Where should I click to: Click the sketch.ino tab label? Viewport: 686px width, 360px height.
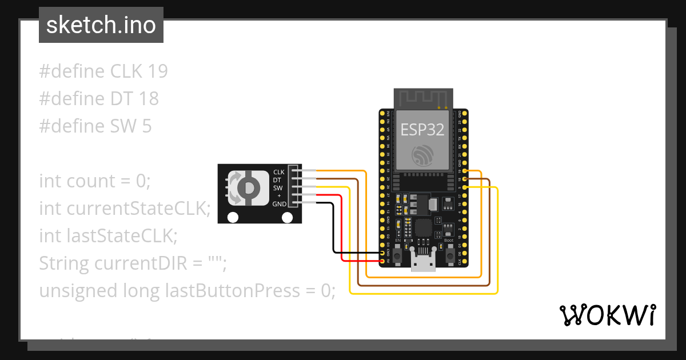(101, 25)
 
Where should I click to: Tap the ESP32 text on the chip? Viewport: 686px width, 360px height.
(422, 130)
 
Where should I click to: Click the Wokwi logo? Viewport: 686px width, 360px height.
(607, 315)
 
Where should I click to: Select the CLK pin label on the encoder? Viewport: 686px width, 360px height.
(278, 172)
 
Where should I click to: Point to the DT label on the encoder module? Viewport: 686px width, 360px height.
(277, 180)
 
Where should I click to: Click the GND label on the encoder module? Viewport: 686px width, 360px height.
(280, 204)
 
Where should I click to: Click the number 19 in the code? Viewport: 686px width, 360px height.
(157, 71)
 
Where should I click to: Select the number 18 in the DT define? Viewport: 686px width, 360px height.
(148, 99)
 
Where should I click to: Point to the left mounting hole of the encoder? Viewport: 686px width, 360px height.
(233, 217)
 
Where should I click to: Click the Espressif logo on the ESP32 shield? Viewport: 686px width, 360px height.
(422, 155)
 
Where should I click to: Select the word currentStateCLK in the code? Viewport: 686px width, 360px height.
(135, 209)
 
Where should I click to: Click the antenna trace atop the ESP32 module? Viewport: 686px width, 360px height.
(423, 98)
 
